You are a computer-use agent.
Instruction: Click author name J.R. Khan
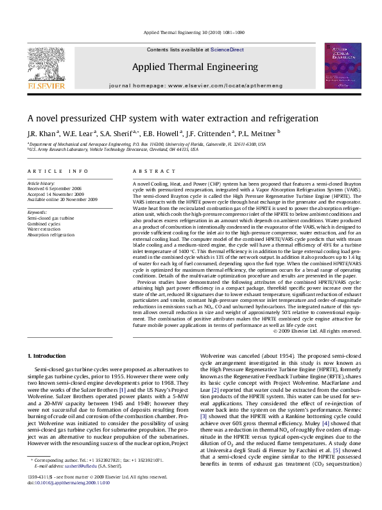point(40,134)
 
